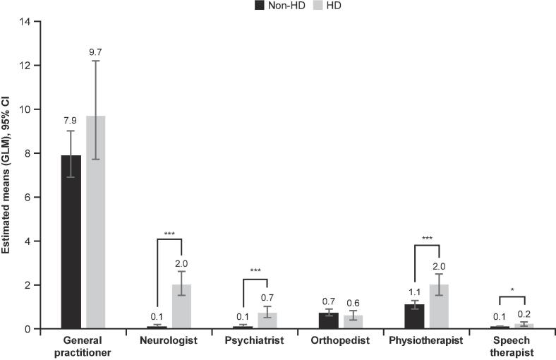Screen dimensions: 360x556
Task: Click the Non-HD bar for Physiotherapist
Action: (414, 317)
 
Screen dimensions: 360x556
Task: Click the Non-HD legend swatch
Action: (260, 6)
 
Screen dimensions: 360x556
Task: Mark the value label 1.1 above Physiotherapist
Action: (414, 292)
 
